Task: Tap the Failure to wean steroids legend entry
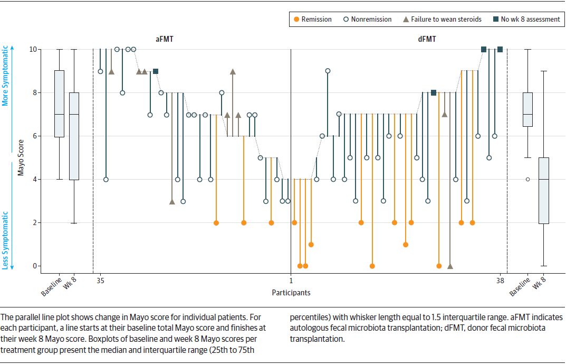coord(442,20)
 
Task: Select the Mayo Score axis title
coord(21,157)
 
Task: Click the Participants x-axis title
coord(291,292)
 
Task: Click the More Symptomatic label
coord(6,76)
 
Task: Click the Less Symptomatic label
coord(6,240)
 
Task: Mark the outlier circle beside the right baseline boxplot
coord(527,179)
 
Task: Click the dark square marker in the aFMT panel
coord(156,71)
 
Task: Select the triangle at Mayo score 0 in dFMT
coord(450,266)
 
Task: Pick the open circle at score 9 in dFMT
coord(328,71)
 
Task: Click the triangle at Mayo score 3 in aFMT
coord(172,201)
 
